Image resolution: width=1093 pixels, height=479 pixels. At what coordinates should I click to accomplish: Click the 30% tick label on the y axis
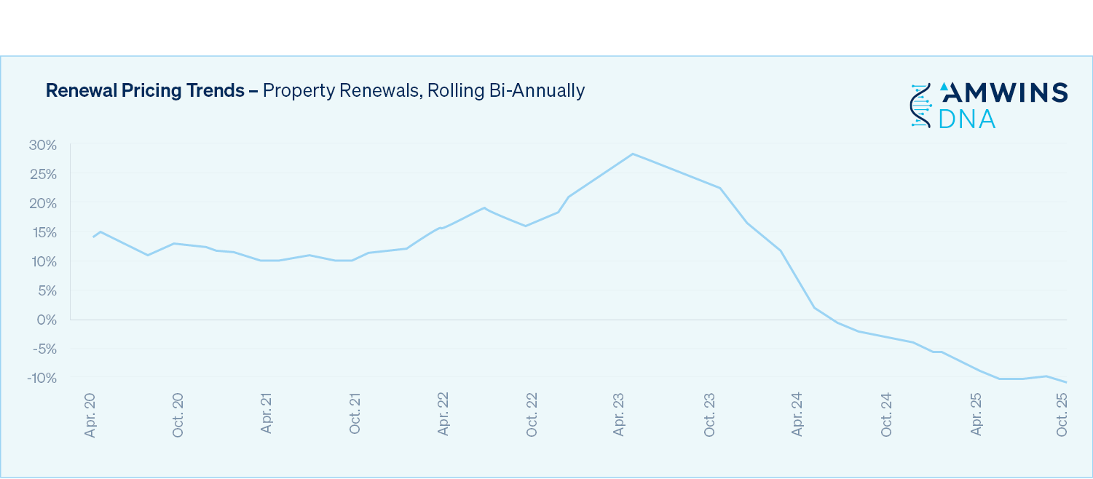click(x=43, y=145)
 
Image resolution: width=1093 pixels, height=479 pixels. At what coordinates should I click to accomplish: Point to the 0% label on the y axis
click(x=47, y=320)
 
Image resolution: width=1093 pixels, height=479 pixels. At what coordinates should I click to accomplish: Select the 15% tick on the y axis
click(x=43, y=232)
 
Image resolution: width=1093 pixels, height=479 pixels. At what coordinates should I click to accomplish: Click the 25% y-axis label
click(x=43, y=174)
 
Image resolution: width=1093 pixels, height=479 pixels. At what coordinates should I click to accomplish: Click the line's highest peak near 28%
click(x=633, y=154)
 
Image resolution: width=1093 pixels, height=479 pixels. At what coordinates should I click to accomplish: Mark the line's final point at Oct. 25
click(x=1066, y=382)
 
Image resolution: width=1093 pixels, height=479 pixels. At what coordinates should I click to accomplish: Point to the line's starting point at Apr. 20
click(x=93, y=237)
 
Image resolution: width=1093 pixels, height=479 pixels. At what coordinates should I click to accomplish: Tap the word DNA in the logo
click(x=967, y=119)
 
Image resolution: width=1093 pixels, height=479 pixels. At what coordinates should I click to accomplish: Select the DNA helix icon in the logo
click(x=921, y=106)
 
